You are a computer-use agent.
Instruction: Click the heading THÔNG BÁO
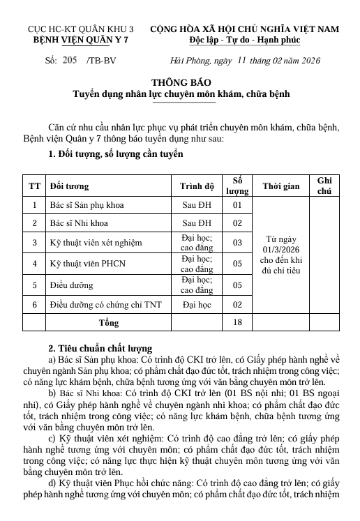click(x=179, y=82)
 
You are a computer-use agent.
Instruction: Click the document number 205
click(x=69, y=61)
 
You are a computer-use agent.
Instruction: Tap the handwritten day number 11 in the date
click(x=243, y=60)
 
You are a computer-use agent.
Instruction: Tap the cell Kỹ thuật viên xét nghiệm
click(x=96, y=243)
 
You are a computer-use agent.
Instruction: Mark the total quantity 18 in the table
click(x=237, y=323)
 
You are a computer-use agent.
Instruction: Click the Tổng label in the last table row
click(x=107, y=323)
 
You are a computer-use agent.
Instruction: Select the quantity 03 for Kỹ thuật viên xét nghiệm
click(x=237, y=243)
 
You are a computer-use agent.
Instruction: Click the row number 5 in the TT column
click(x=33, y=285)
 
